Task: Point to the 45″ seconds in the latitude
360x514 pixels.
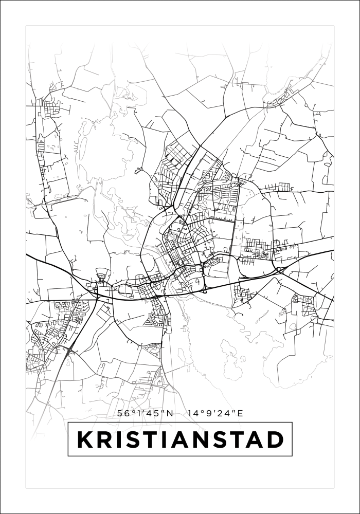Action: (x=153, y=413)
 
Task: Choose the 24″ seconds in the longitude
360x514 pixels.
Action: (x=223, y=413)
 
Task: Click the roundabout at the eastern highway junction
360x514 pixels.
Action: (x=279, y=269)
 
